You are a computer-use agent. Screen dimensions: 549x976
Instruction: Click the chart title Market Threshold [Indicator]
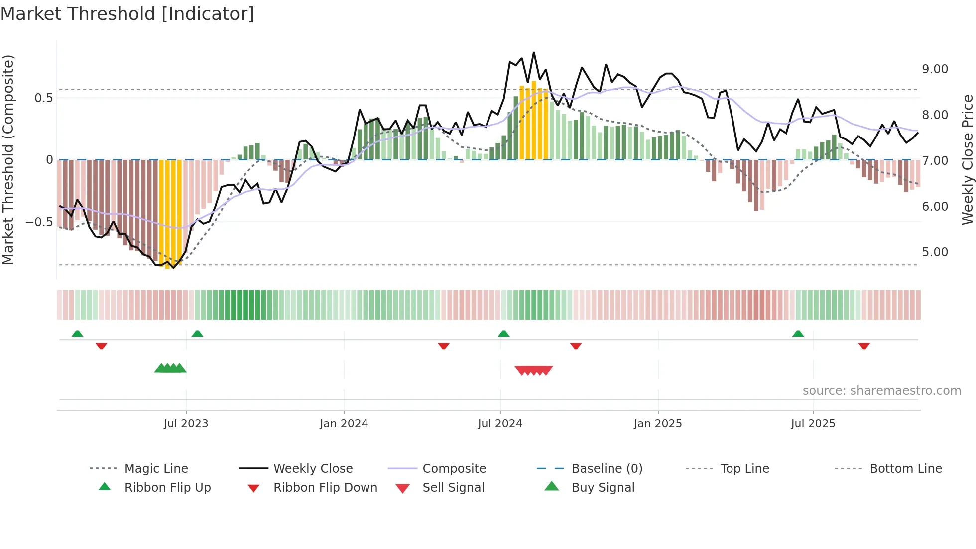[127, 14]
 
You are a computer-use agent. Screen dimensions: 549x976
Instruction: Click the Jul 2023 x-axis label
[186, 424]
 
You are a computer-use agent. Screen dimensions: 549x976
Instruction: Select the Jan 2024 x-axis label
[344, 424]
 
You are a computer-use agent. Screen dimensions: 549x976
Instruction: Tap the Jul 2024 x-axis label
[500, 424]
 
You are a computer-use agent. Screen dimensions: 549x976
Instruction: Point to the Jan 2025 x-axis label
[658, 424]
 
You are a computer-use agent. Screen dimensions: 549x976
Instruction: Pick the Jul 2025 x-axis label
[813, 424]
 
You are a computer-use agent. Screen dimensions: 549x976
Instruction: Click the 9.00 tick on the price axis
[935, 69]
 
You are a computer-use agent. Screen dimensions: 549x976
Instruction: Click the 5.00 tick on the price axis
[935, 252]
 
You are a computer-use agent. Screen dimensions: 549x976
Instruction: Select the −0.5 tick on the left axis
[39, 222]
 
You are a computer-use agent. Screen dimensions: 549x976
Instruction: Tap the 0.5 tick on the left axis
[43, 98]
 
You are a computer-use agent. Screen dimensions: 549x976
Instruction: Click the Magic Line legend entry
[156, 469]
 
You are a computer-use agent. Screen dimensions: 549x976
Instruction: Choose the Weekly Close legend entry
[313, 469]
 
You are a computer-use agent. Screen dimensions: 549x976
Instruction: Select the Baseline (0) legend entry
[607, 469]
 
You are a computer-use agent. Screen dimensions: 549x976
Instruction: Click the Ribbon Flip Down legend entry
[325, 488]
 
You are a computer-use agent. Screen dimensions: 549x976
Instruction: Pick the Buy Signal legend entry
[603, 488]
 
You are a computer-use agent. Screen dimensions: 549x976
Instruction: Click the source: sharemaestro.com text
[881, 391]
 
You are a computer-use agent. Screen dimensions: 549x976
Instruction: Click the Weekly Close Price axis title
[967, 159]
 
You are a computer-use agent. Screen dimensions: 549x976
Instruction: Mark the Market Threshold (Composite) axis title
[8, 159]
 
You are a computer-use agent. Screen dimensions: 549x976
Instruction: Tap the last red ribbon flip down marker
[864, 346]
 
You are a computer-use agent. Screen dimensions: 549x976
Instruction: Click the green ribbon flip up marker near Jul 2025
[798, 334]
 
